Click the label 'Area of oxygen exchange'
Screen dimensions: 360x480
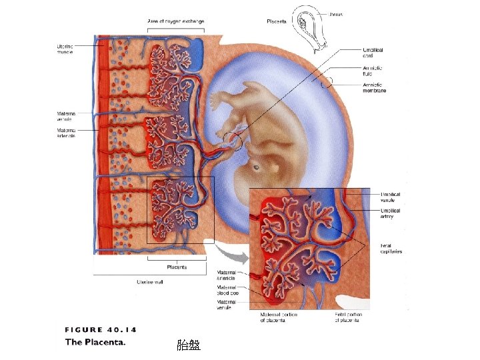pyautogui.click(x=176, y=21)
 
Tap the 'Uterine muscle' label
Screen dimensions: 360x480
pyautogui.click(x=65, y=49)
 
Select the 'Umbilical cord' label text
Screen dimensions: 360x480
pyautogui.click(x=373, y=53)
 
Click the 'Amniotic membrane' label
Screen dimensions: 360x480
pyautogui.click(x=375, y=87)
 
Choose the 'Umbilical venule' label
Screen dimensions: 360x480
pyautogui.click(x=391, y=197)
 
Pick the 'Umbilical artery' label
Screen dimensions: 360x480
pyautogui.click(x=391, y=213)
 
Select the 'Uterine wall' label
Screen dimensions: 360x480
pyautogui.click(x=150, y=282)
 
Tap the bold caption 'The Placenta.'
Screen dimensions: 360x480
pyautogui.click(x=95, y=343)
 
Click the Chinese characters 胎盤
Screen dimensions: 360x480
pyautogui.click(x=188, y=345)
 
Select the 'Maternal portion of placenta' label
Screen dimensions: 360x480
pyautogui.click(x=279, y=317)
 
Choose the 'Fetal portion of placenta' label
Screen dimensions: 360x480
pyautogui.click(x=347, y=317)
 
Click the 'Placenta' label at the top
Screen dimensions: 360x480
pyautogui.click(x=276, y=21)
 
